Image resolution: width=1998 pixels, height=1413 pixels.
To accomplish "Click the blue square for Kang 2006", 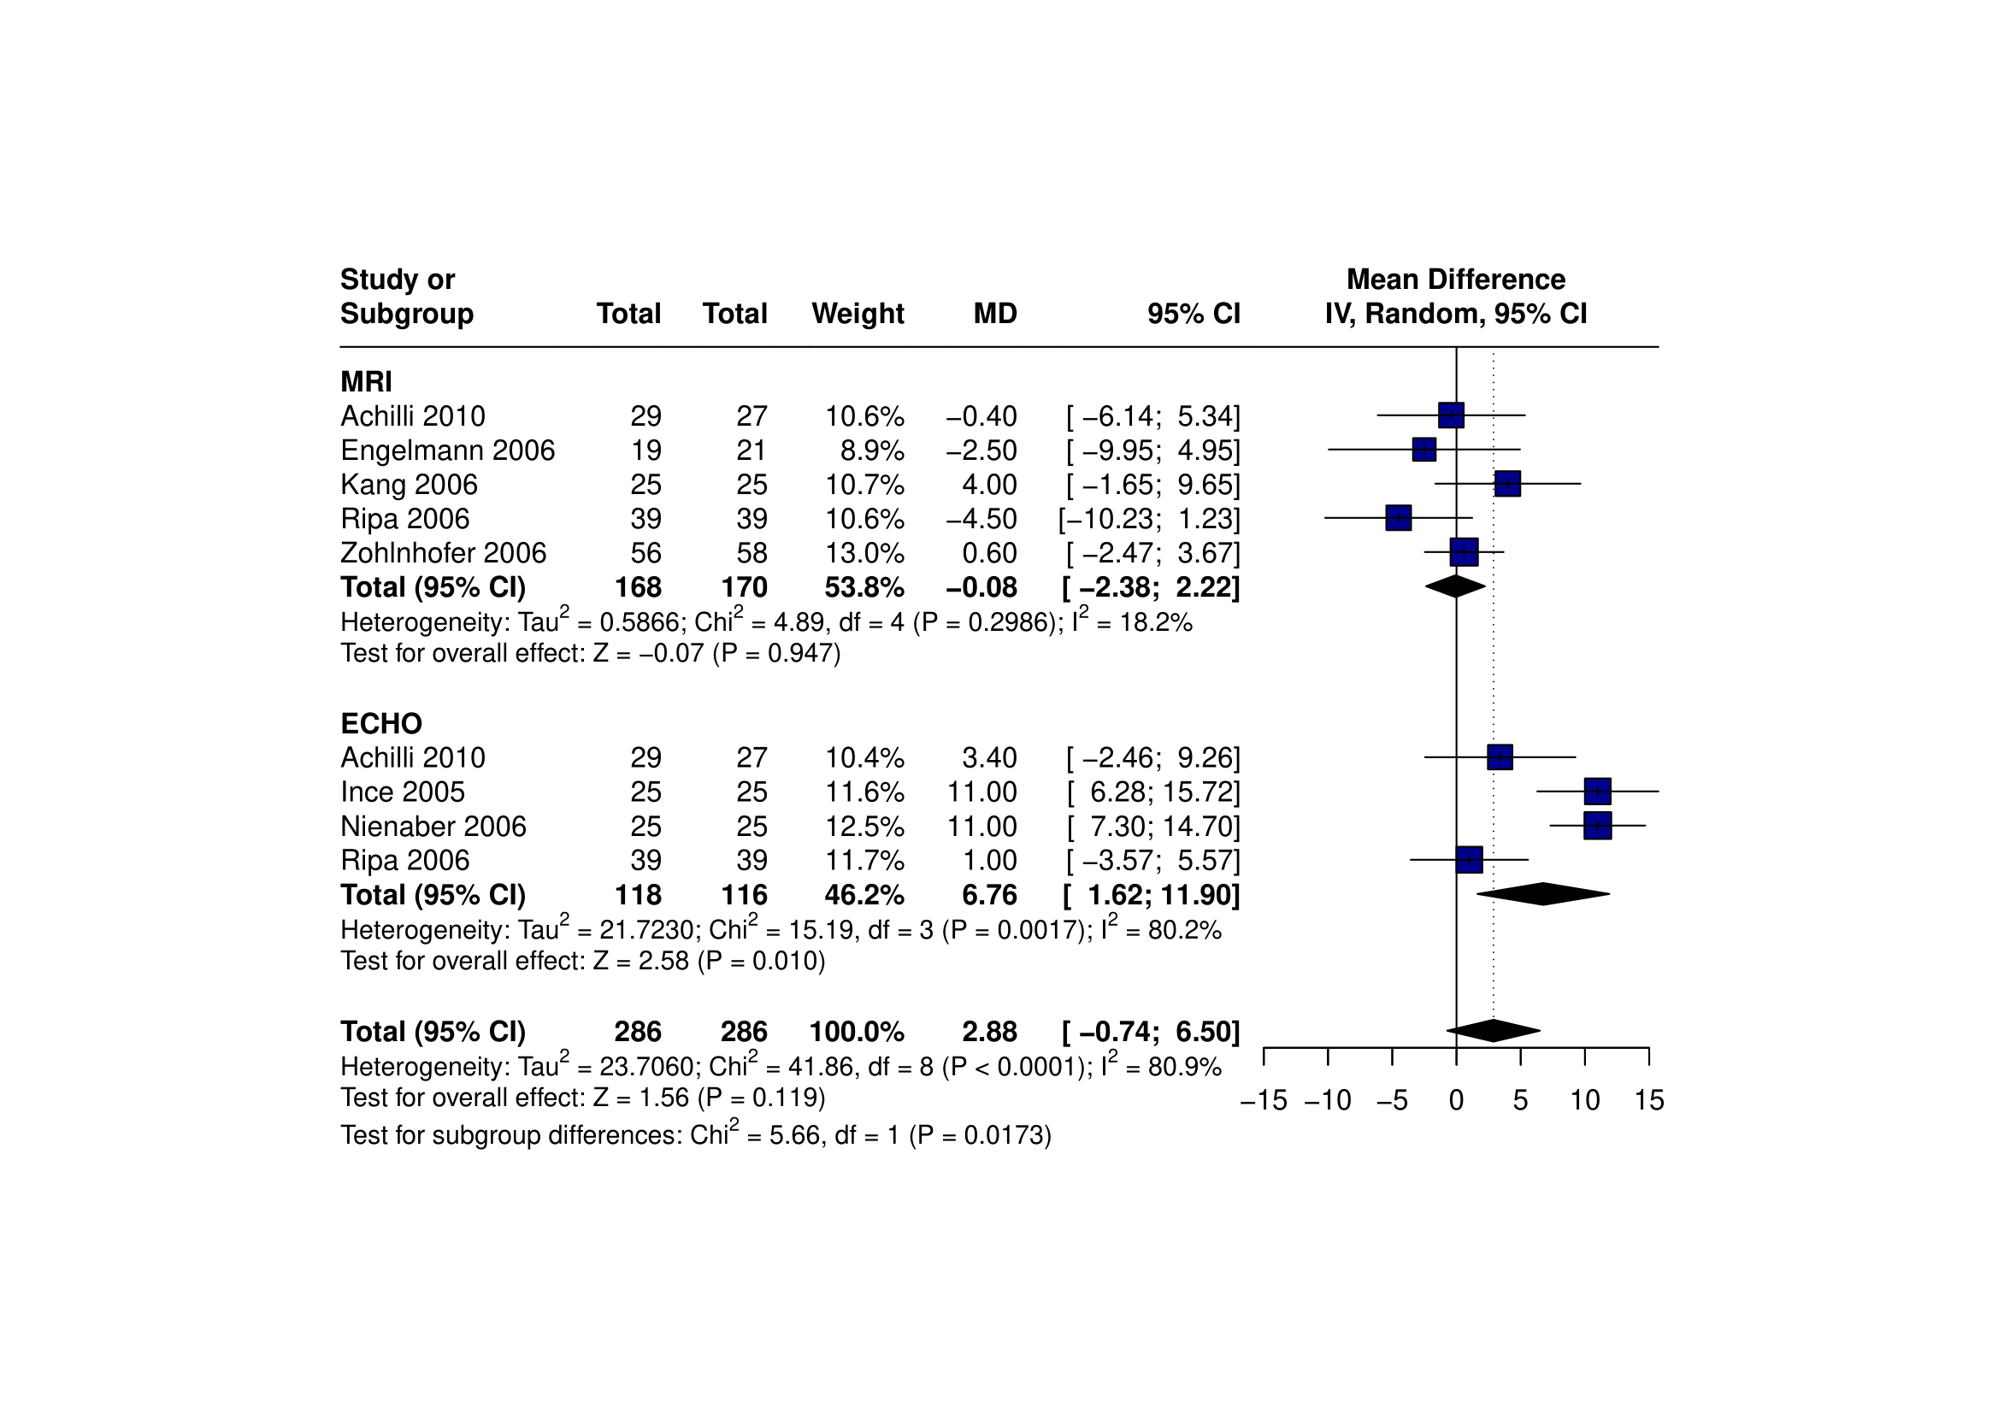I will pos(1507,484).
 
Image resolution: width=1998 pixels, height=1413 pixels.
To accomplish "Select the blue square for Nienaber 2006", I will pos(1597,825).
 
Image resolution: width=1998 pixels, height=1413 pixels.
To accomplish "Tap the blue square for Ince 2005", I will pos(1597,791).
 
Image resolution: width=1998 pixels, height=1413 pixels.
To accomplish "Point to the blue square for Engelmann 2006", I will pos(1423,450).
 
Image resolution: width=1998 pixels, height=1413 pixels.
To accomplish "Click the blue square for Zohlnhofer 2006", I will pos(1464,551).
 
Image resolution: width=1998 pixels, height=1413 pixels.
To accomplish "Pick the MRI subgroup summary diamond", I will pos(1455,586).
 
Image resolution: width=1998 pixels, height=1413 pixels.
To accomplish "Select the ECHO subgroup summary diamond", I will pos(1543,893).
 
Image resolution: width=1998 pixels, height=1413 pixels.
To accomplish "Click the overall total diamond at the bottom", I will pos(1494,1030).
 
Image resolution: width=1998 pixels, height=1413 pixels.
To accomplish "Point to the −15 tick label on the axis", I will pos(1263,1101).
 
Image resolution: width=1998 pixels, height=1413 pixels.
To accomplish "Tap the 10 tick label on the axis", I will pos(1585,1101).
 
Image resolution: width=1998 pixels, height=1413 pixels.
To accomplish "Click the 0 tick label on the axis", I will pos(1456,1101).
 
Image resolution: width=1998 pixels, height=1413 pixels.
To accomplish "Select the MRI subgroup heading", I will pos(367,382).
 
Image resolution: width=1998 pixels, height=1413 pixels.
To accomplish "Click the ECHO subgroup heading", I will pos(381,724).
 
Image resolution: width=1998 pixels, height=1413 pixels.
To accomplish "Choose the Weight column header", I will pos(858,313).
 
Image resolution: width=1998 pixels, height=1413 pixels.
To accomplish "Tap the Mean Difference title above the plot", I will pos(1456,280).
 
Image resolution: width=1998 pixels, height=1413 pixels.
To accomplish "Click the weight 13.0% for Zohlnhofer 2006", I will pos(864,552).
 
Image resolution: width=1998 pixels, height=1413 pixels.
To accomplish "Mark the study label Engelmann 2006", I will pos(447,450).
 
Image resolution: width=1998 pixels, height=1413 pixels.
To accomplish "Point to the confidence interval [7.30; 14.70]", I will pos(1153,826).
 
